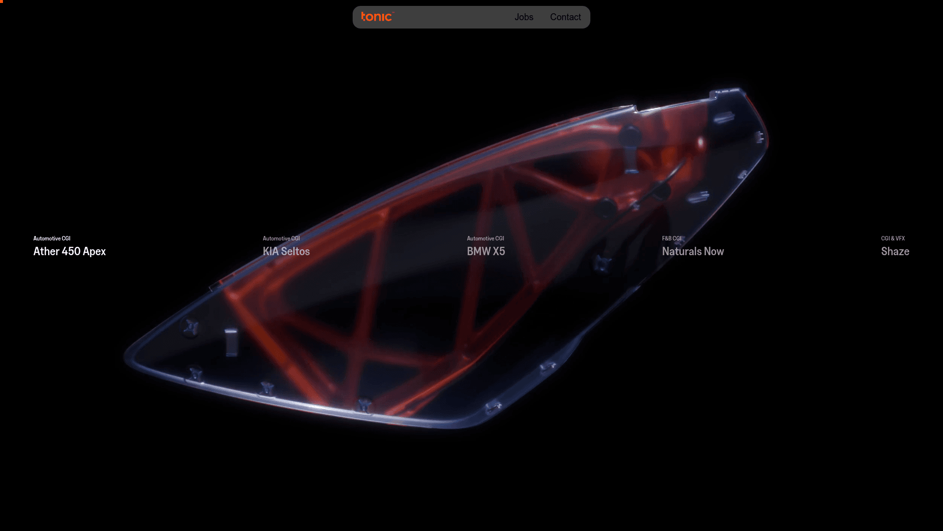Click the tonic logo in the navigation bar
point(377,17)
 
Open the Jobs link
point(524,17)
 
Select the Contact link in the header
point(565,17)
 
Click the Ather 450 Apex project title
point(69,251)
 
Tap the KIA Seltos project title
point(286,251)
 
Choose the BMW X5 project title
point(486,251)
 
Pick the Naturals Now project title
point(693,251)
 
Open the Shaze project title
point(895,251)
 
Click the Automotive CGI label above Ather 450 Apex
point(52,238)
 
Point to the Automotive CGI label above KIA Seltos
point(281,238)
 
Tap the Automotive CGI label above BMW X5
point(485,238)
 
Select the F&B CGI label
point(671,238)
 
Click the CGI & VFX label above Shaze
point(892,238)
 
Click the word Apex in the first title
point(94,252)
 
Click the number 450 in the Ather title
point(71,251)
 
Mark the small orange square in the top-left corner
point(1,1)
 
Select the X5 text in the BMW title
point(499,251)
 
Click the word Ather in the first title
point(46,251)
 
